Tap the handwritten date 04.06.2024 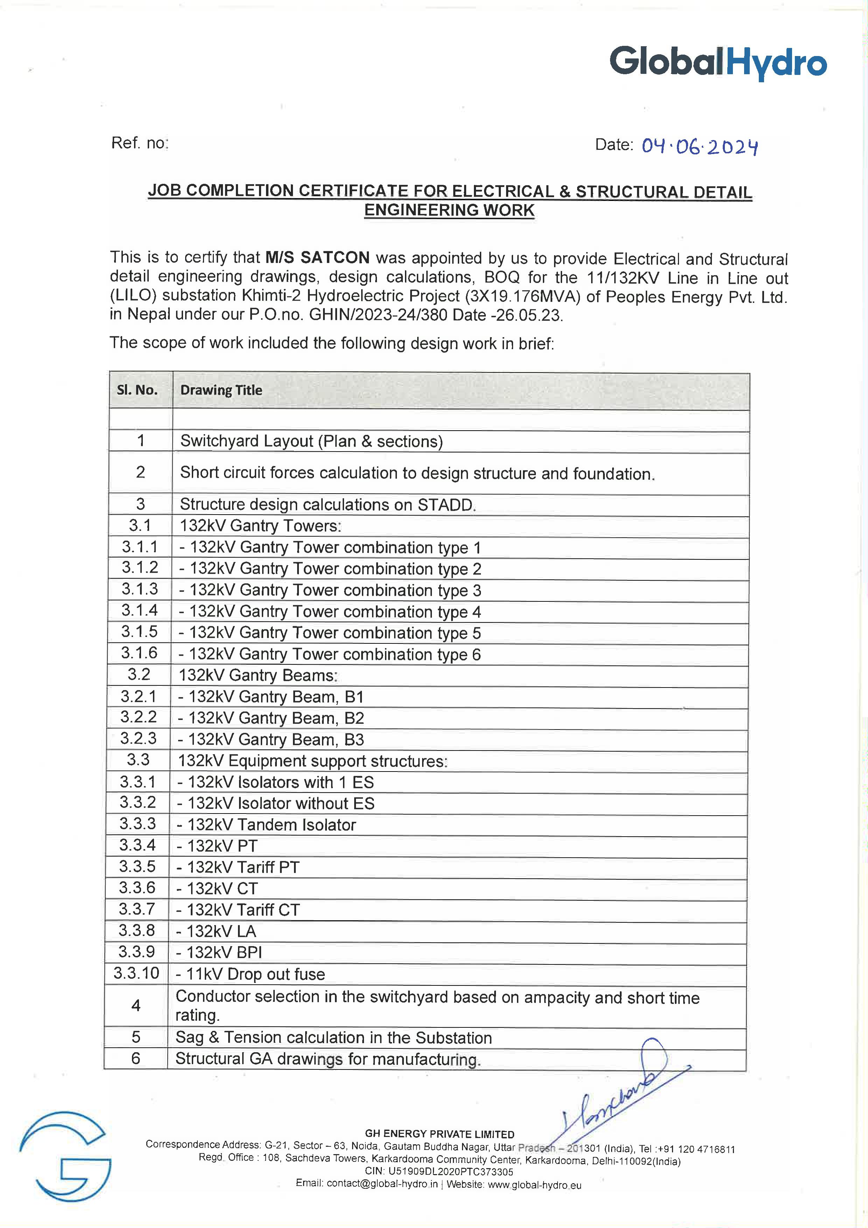[x=700, y=146]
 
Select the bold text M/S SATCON [x=317, y=258]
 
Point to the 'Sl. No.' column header [x=138, y=390]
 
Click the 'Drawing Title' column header [x=221, y=390]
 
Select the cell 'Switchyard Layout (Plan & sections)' [x=311, y=441]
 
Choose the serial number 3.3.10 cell [x=136, y=973]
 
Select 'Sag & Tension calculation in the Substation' [x=333, y=1038]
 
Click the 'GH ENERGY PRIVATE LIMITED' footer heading [x=439, y=1134]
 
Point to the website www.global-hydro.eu [x=534, y=1185]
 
